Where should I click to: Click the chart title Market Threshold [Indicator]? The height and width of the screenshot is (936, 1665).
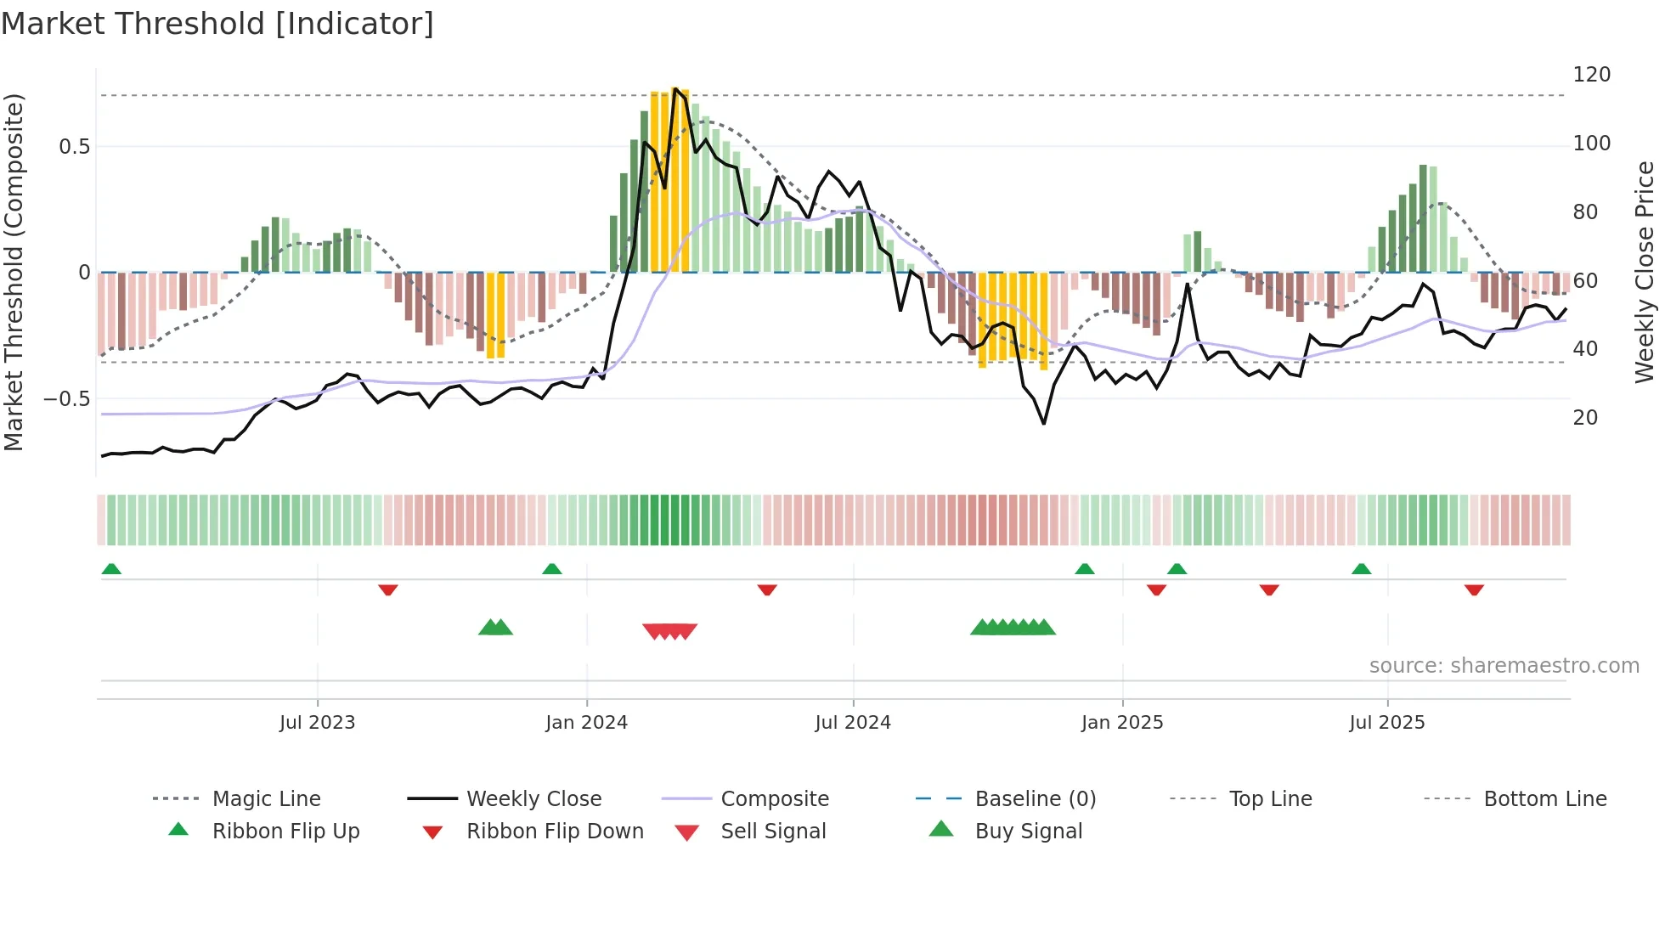pos(217,24)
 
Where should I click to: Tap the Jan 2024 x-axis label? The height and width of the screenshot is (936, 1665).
pos(586,723)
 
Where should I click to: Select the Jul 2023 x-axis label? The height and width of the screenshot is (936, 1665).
pos(317,723)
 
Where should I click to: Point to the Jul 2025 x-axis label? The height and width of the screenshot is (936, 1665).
pos(1386,723)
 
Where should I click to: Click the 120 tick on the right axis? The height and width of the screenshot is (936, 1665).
pos(1591,75)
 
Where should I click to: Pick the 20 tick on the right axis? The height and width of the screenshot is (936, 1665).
pos(1585,418)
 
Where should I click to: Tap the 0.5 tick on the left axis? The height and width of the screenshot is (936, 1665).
pos(74,147)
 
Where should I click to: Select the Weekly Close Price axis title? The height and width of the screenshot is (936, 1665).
pos(1645,272)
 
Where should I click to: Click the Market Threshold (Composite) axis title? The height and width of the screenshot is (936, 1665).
pos(14,272)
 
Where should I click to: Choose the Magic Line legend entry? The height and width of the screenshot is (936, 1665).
pos(266,799)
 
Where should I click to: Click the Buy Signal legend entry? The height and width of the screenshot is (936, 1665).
pos(1028,832)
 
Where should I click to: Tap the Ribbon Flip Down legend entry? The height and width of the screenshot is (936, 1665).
pos(555,832)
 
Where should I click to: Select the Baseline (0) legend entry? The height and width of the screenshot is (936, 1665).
pos(1035,799)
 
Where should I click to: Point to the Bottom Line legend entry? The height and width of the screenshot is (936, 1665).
pos(1544,799)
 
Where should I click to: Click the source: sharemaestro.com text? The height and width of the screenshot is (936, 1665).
pos(1504,666)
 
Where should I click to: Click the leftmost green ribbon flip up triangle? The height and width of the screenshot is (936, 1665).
pos(111,569)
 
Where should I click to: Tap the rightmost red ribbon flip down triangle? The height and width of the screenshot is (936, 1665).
pos(1474,589)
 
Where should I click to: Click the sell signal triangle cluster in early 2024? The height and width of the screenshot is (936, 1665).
pos(669,631)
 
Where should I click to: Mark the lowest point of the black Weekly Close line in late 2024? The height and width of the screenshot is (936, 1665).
pos(1044,423)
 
